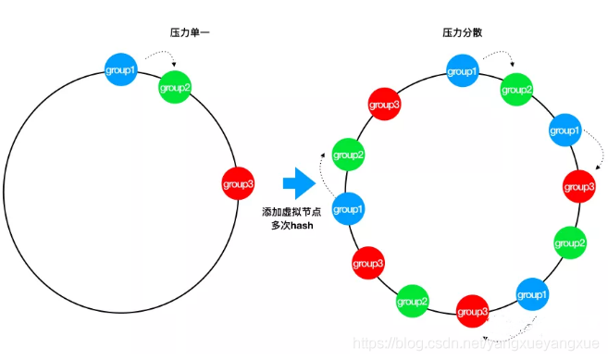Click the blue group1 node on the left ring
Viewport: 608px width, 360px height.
(x=122, y=68)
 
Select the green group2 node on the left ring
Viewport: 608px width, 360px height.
(x=175, y=88)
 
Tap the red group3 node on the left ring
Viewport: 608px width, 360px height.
(x=238, y=184)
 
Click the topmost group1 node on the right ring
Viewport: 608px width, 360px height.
(x=463, y=70)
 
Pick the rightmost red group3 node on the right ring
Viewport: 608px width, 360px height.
(x=579, y=186)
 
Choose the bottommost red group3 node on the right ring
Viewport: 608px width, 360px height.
(x=474, y=312)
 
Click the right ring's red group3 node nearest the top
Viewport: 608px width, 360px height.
(x=385, y=105)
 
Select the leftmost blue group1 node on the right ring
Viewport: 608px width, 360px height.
(x=348, y=209)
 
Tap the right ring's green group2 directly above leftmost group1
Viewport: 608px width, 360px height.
(x=349, y=154)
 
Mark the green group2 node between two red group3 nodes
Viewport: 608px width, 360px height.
(x=412, y=301)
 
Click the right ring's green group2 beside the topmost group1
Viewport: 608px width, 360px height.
(x=517, y=90)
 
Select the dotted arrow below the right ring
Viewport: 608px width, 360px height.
(x=514, y=334)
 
